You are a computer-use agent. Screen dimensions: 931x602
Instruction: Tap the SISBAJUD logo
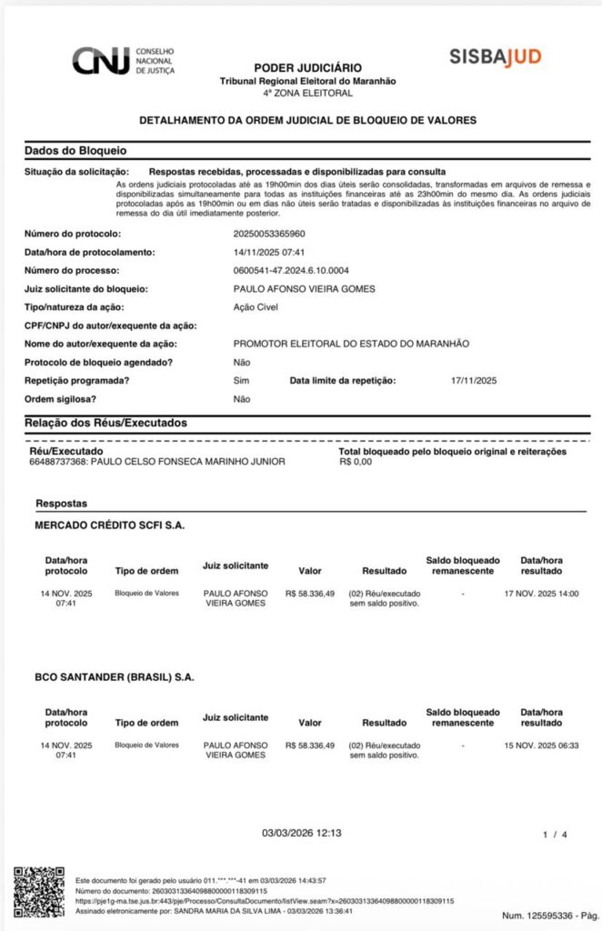pyautogui.click(x=495, y=56)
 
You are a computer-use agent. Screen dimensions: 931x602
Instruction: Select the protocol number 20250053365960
pyautogui.click(x=269, y=234)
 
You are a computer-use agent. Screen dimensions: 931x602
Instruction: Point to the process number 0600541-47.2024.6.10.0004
pyautogui.click(x=291, y=270)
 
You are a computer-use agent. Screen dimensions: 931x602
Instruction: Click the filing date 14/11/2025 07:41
pyautogui.click(x=268, y=252)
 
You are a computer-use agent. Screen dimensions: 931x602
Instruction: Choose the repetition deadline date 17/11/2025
pyautogui.click(x=474, y=380)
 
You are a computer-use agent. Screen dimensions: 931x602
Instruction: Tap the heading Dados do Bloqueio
pyautogui.click(x=75, y=150)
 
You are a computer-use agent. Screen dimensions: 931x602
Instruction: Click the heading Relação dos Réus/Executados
pyautogui.click(x=105, y=423)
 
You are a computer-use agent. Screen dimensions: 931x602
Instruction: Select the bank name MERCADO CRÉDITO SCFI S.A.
pyautogui.click(x=110, y=526)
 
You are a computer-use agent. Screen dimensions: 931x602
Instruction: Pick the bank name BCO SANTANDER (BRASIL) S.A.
pyautogui.click(x=115, y=677)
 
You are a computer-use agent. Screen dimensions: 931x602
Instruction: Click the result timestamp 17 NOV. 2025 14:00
pyautogui.click(x=541, y=594)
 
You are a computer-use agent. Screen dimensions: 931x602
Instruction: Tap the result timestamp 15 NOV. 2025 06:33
pyautogui.click(x=541, y=745)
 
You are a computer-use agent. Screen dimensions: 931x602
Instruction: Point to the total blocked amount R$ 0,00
pyautogui.click(x=356, y=462)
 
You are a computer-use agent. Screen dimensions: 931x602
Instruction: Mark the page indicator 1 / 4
pyautogui.click(x=555, y=834)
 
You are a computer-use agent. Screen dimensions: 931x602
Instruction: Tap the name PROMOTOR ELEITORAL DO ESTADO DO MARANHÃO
pyautogui.click(x=351, y=344)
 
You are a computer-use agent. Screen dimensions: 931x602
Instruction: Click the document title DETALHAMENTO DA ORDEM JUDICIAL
pyautogui.click(x=307, y=120)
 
